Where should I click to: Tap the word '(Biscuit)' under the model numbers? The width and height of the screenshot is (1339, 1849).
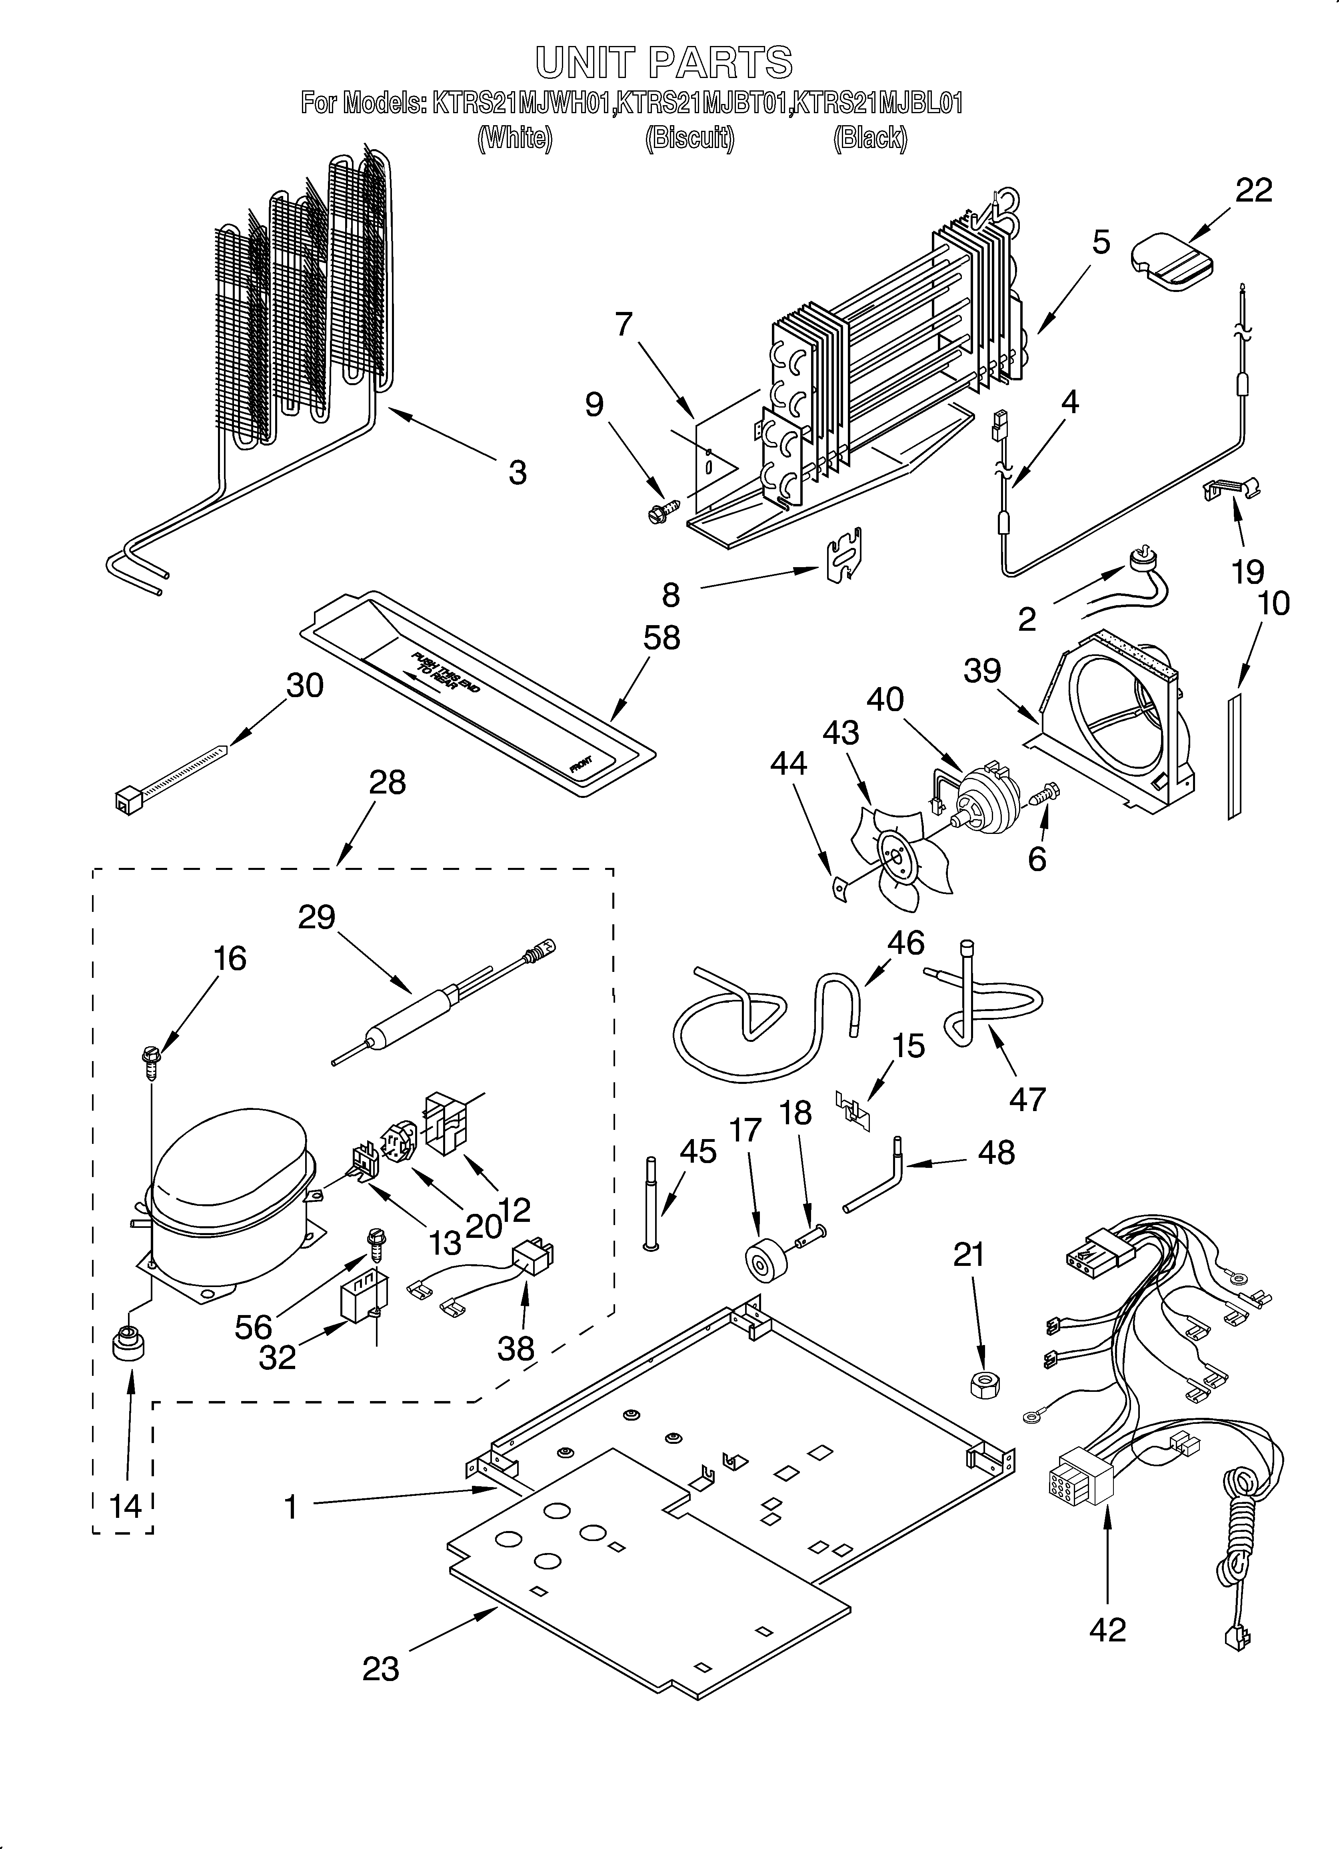[689, 139]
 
